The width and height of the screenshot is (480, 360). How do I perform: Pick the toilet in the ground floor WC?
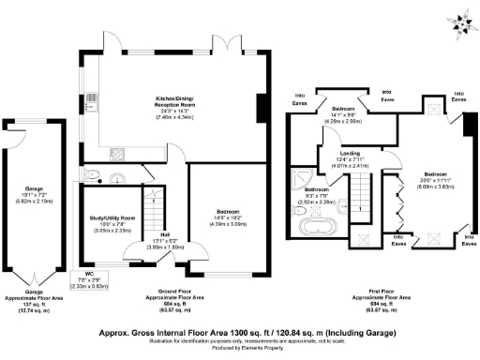[90, 175]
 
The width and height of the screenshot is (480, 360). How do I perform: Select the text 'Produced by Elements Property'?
[240, 354]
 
